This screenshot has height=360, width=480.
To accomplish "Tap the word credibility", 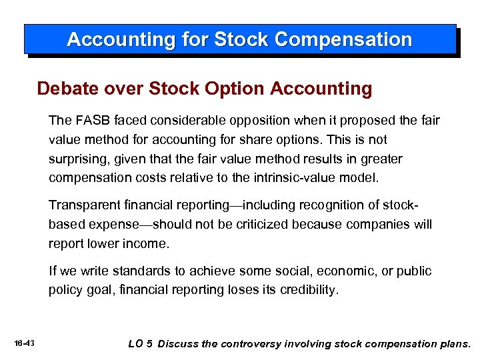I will [x=306, y=290].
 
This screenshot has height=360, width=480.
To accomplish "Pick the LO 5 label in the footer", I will [x=140, y=344].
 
